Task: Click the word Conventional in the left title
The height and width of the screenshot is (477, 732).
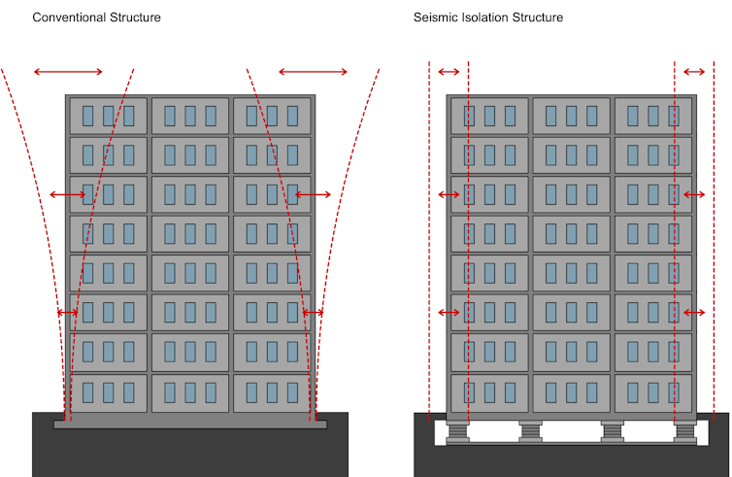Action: click(x=70, y=17)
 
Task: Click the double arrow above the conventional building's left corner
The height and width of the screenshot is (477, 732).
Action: click(x=68, y=72)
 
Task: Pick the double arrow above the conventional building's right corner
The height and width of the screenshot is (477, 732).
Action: click(x=313, y=72)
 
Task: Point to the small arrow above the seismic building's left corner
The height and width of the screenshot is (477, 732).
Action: click(x=449, y=72)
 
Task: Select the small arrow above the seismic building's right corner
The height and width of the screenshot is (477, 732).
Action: click(x=694, y=72)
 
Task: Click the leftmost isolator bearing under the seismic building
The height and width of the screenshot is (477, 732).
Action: click(x=456, y=430)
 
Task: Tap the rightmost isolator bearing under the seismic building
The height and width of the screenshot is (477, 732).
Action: click(x=686, y=430)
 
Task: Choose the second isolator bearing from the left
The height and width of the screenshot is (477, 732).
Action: click(x=531, y=430)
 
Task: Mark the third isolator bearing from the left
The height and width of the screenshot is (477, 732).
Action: click(x=612, y=430)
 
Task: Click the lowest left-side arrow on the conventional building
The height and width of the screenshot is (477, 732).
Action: click(x=67, y=313)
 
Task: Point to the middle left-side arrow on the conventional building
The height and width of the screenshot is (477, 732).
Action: click(x=67, y=195)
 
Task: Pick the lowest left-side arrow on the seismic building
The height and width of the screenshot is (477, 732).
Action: click(x=449, y=312)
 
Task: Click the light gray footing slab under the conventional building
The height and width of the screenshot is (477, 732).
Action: click(x=189, y=424)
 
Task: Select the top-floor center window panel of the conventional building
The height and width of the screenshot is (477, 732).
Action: click(x=189, y=116)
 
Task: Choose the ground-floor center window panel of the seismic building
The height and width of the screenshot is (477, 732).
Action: click(x=571, y=392)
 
